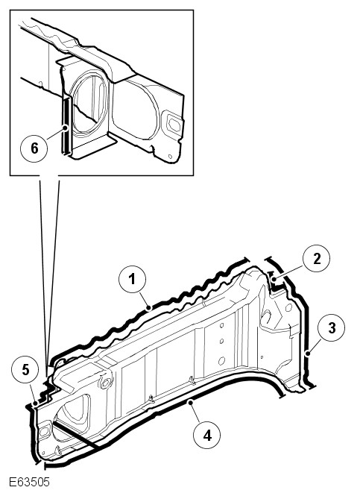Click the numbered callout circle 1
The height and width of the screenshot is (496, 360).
point(132,279)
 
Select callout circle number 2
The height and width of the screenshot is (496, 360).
point(316,258)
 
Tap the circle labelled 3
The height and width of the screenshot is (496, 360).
point(332,327)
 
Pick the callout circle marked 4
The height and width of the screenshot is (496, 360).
point(206,436)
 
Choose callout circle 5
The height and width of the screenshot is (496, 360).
point(25,370)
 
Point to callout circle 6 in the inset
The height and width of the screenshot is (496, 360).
point(34,148)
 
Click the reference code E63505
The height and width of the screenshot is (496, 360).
point(29,482)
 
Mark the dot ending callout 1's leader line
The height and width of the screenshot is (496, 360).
point(149,307)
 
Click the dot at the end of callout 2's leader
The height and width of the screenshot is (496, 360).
point(275,279)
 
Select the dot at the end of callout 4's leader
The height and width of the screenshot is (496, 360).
point(189,402)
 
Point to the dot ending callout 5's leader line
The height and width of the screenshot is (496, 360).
point(35,404)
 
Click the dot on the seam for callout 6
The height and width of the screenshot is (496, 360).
point(66,128)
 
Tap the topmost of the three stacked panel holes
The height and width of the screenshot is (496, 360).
point(221,325)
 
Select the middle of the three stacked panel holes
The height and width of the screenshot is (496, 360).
point(221,341)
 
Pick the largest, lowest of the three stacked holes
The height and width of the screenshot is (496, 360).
point(221,360)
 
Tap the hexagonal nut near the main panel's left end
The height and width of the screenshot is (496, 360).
point(104,383)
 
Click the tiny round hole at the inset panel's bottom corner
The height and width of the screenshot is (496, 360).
point(171,157)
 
